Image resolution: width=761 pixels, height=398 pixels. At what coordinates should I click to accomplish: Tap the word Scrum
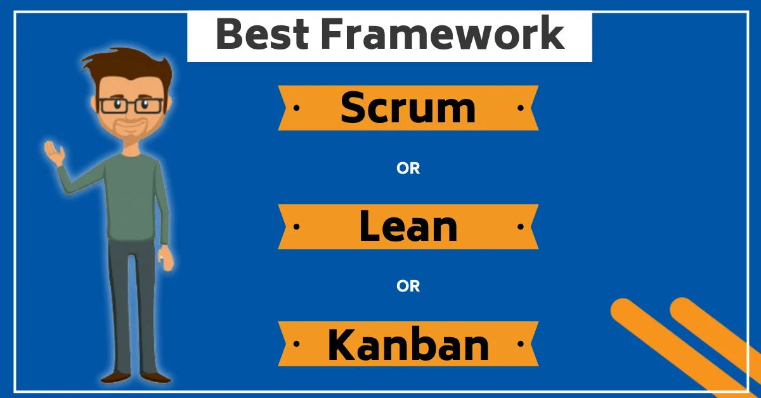tap(408, 108)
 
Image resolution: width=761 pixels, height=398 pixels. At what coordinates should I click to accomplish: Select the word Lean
tap(408, 226)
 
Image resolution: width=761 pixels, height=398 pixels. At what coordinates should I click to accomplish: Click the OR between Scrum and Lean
tap(408, 169)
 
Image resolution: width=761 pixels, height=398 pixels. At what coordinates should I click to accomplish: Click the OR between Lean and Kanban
tap(408, 286)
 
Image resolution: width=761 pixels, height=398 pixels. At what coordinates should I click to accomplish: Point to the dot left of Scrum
tap(296, 108)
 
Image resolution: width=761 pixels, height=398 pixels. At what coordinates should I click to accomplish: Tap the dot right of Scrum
tap(520, 108)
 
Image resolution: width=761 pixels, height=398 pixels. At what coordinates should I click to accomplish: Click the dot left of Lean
tap(296, 226)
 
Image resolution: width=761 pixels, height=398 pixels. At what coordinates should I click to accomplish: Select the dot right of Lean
tap(520, 226)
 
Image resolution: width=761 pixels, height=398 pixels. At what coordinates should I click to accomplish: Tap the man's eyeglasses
tap(131, 105)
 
